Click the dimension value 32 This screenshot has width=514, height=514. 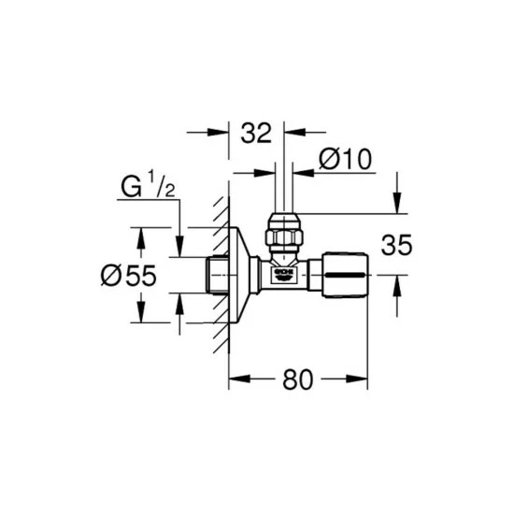256,133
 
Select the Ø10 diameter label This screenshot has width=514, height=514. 345,159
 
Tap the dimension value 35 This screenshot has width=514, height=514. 396,245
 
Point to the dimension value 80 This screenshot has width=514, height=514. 297,379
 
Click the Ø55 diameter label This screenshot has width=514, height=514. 129,276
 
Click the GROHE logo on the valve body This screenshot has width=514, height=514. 284,275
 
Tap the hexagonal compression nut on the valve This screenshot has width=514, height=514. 284,236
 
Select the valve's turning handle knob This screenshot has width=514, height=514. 346,275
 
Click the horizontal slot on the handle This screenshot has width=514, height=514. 346,276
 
